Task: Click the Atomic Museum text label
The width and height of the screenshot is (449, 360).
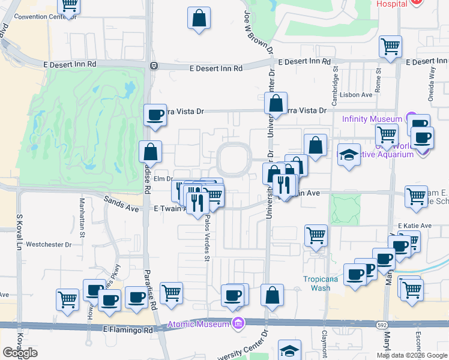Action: pos(198,325)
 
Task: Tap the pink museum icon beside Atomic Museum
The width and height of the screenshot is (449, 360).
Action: pos(239,325)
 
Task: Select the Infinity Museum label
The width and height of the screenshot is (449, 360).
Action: pos(372,119)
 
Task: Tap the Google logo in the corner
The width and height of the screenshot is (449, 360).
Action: pos(20,353)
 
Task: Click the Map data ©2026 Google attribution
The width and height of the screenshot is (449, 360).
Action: pos(412,355)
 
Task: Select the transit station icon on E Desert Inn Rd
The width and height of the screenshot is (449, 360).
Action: pos(154,66)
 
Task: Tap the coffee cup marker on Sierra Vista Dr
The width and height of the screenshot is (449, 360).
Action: pos(155,115)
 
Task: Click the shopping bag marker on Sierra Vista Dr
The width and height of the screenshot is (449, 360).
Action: pos(276,103)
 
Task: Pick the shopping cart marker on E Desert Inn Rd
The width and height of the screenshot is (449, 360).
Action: pos(391,46)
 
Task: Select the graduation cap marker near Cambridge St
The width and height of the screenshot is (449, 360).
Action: pos(349,155)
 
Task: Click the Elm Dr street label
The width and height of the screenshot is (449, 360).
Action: pos(163,179)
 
